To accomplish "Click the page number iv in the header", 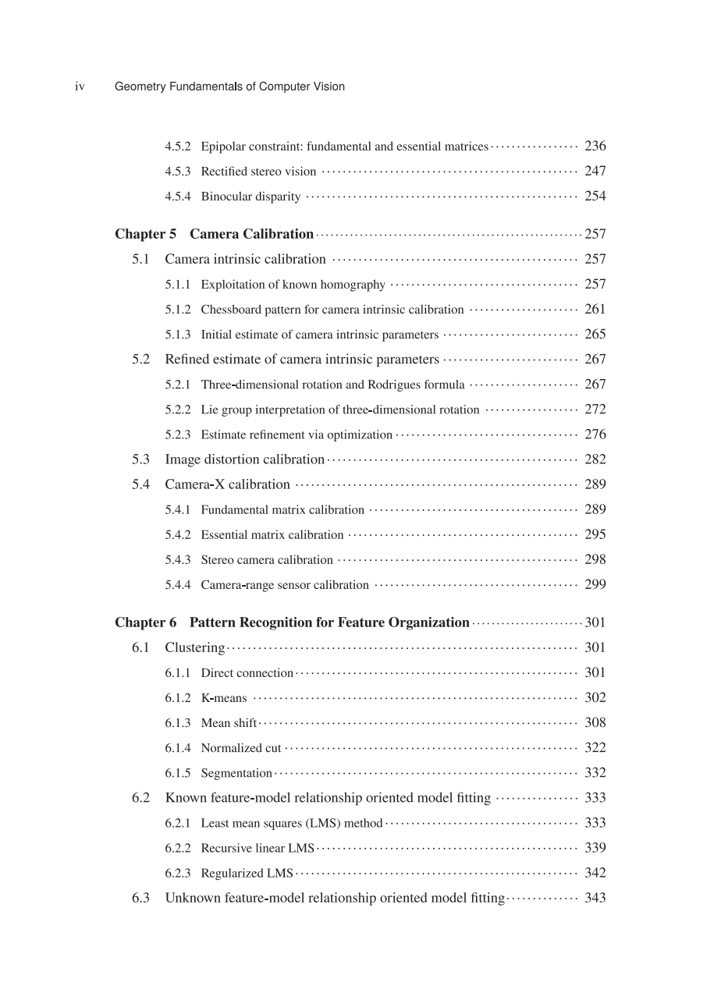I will coord(80,87).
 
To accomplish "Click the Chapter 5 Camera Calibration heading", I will coord(214,234).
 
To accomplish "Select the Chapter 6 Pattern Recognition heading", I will coord(292,622).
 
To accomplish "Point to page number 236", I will coord(595,146).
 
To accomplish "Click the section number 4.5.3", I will coord(177,172).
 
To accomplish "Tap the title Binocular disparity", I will coord(250,197).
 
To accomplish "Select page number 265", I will coord(595,334).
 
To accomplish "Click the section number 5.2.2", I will coord(177,410).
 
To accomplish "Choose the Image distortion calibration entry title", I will coord(244,459).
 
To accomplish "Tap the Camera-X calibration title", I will coord(227,484).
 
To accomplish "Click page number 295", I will coord(595,534).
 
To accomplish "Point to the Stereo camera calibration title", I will coord(267,560).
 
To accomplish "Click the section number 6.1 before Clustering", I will coord(140,647).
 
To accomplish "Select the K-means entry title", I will coord(223,698).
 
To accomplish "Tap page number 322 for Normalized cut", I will coord(595,747).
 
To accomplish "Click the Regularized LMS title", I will coord(247,873).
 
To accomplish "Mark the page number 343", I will coord(595,898).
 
